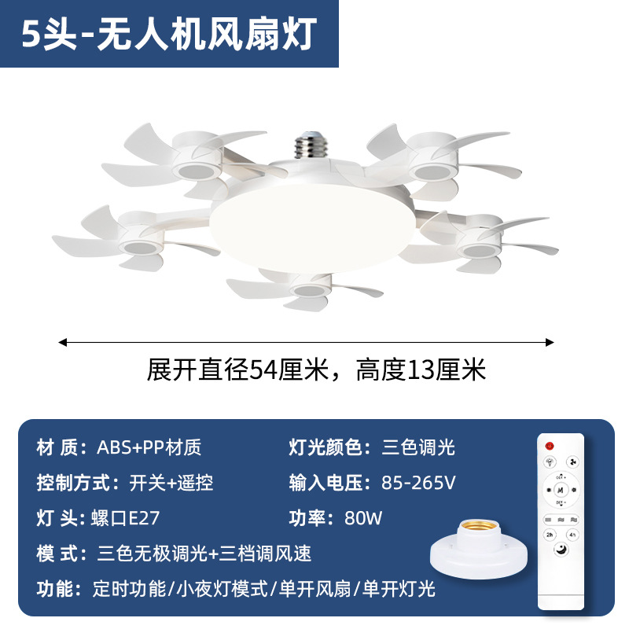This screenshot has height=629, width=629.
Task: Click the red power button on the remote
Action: [x=549, y=446]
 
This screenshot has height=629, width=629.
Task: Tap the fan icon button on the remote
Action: [x=573, y=462]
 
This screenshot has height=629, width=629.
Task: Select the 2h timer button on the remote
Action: [x=549, y=535]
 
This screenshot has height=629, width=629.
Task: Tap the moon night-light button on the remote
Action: [x=561, y=550]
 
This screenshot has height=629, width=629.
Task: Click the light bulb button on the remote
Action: [x=550, y=462]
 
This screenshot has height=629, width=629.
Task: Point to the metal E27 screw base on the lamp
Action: [x=311, y=145]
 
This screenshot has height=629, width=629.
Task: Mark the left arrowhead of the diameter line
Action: [x=63, y=342]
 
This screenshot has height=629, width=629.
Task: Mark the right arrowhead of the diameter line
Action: [x=550, y=342]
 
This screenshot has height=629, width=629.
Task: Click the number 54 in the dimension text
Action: [x=263, y=370]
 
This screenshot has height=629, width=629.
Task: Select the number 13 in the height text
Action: [x=421, y=370]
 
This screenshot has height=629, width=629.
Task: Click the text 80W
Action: [x=363, y=518]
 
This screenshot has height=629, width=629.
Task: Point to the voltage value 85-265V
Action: [x=418, y=483]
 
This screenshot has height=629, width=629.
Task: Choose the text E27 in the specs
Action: [x=144, y=518]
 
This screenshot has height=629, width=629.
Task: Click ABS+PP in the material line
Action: [x=131, y=447]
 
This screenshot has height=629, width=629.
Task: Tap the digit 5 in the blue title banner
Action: [x=31, y=34]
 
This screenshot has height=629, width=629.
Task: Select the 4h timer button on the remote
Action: [x=572, y=535]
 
